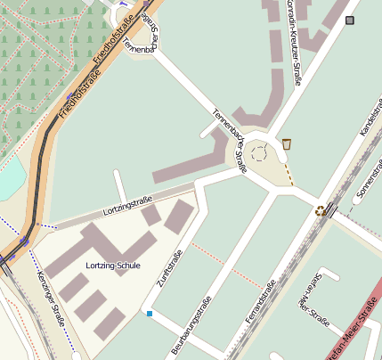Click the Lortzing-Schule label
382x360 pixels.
click(x=113, y=266)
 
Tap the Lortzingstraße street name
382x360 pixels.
click(x=128, y=205)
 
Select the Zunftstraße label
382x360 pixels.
click(x=169, y=268)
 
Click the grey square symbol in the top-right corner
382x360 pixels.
click(x=350, y=20)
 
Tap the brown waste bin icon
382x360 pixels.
click(x=287, y=143)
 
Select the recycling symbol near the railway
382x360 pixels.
click(x=321, y=210)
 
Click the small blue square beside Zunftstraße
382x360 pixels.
click(x=150, y=314)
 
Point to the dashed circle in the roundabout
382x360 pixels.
click(x=259, y=152)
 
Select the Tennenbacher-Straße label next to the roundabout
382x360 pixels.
click(x=229, y=138)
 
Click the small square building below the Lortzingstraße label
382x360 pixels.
click(x=151, y=215)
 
